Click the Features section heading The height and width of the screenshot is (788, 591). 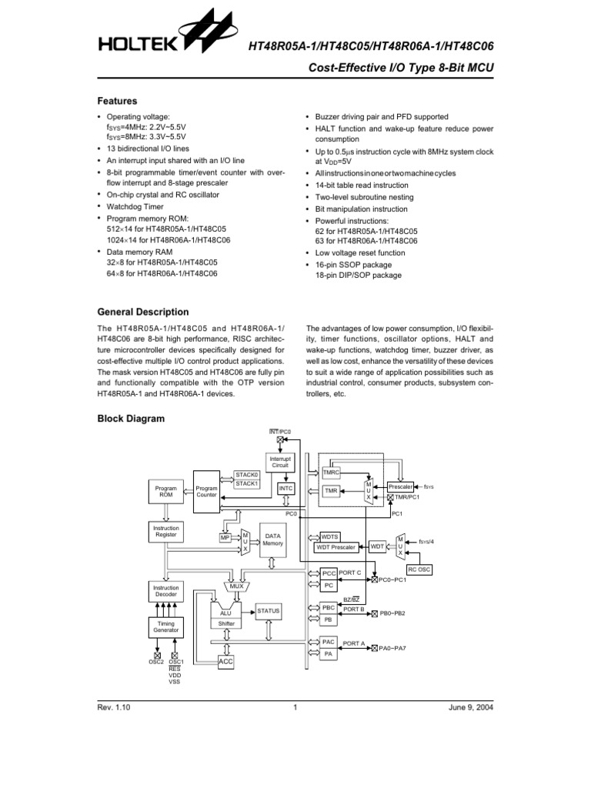(117, 101)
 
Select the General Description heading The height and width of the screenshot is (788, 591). (142, 312)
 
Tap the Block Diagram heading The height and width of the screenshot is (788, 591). (130, 419)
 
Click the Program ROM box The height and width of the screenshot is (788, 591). (165, 492)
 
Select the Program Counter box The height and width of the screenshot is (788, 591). (206, 492)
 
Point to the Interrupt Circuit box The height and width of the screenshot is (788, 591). (279, 462)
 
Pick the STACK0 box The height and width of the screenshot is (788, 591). (247, 475)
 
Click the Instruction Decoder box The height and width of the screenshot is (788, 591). (166, 590)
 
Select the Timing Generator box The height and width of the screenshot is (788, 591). (166, 626)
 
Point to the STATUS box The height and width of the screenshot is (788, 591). (269, 610)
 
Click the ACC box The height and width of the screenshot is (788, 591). (226, 662)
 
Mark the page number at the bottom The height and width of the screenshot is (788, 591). (295, 709)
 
